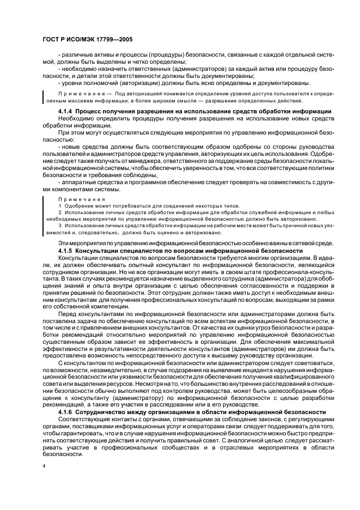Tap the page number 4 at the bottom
coord(44,466)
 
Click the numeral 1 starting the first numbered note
coord(59,207)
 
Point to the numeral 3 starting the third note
coord(59,224)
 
